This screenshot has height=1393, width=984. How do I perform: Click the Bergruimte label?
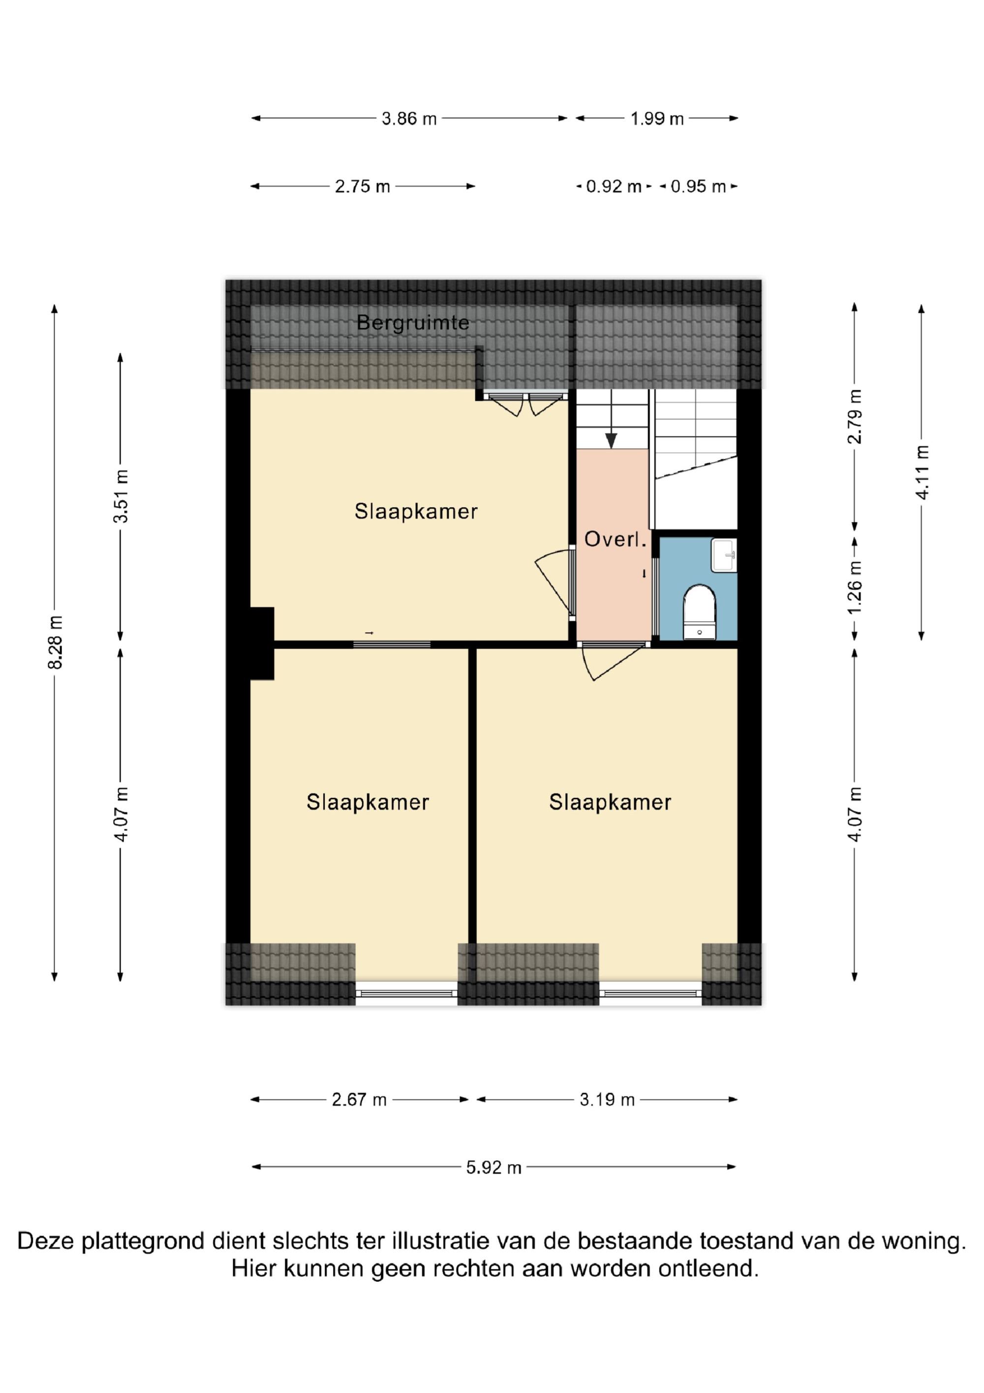pyautogui.click(x=413, y=323)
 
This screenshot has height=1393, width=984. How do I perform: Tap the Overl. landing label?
pyautogui.click(x=615, y=539)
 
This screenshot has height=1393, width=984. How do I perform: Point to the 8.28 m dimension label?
pyautogui.click(x=55, y=643)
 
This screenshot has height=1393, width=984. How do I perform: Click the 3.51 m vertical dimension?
pyautogui.click(x=121, y=496)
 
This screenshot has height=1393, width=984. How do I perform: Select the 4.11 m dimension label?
pyautogui.click(x=922, y=473)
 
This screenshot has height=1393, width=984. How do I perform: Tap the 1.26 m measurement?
pyautogui.click(x=855, y=587)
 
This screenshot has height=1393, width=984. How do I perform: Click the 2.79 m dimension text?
pyautogui.click(x=855, y=417)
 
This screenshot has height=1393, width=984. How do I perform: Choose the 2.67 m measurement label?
pyautogui.click(x=359, y=1100)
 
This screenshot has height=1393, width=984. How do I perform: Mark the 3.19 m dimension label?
pyautogui.click(x=607, y=1100)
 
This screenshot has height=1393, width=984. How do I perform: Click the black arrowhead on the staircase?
pyautogui.click(x=611, y=441)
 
